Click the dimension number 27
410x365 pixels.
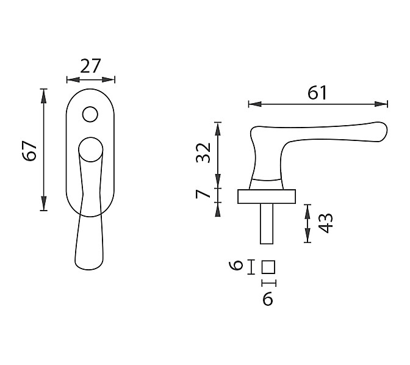click(90, 66)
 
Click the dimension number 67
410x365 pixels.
click(29, 151)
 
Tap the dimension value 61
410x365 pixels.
click(317, 93)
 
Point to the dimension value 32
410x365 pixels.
click(203, 153)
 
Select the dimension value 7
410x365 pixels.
click(203, 194)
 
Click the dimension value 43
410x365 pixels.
click(326, 223)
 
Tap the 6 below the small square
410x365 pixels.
click(268, 299)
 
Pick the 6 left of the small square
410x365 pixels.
click(236, 265)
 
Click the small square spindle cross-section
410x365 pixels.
click(268, 267)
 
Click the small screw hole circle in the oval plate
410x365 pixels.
click(90, 114)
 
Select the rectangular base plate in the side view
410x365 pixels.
click(267, 197)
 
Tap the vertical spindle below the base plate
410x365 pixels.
click(267, 224)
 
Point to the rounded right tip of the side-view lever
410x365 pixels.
click(386, 132)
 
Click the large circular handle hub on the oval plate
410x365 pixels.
click(90, 150)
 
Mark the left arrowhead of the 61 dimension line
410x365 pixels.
click(255, 104)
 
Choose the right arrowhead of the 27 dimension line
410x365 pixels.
click(108, 79)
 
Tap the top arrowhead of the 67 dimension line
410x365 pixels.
click(44, 96)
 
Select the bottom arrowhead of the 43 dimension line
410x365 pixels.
click(307, 236)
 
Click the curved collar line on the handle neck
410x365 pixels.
click(266, 180)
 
